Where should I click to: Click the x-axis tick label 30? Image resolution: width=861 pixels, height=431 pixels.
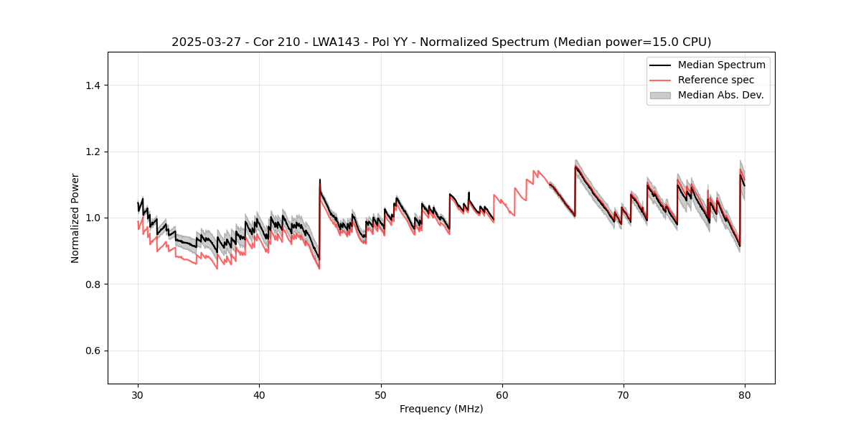coord(138,395)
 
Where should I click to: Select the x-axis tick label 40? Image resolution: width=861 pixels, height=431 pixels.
coord(259,395)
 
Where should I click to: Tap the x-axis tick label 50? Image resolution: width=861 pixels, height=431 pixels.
coord(381,395)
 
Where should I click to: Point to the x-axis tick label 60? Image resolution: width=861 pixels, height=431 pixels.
coord(502,395)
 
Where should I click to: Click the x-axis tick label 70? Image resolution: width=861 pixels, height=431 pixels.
coord(624,395)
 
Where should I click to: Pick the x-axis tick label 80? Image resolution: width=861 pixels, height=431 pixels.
coord(745,395)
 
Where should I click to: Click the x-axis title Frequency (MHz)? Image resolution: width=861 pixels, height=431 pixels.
coord(441,409)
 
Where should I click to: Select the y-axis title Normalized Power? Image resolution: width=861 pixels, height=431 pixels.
coord(75,218)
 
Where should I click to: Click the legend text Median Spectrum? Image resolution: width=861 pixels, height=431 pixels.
coord(721,65)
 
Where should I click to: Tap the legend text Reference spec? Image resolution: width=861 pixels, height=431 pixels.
coord(716,80)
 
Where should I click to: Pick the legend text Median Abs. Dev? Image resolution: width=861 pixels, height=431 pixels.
coord(720,95)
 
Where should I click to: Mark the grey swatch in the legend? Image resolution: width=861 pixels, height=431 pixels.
coord(660,95)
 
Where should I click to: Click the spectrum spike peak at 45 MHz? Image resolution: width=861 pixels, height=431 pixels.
coord(320,180)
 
